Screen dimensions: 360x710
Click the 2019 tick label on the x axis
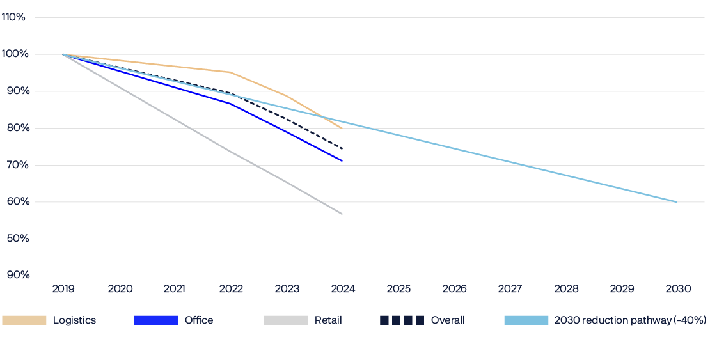(x=63, y=289)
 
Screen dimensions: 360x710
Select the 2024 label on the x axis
(x=343, y=289)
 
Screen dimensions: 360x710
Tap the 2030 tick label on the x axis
(x=678, y=289)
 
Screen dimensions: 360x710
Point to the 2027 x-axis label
(x=510, y=289)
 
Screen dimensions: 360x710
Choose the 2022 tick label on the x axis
(x=231, y=289)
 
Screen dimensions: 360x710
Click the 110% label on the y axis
(x=13, y=17)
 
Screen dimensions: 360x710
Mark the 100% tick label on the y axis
(x=14, y=54)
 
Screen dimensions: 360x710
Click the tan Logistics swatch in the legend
(x=24, y=320)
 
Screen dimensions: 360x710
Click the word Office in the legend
(x=198, y=320)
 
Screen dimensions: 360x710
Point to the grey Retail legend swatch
(x=285, y=320)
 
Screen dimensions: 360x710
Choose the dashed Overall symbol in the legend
(x=402, y=320)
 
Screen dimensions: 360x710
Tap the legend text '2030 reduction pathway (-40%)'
(x=630, y=320)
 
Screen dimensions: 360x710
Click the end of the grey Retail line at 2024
(x=343, y=214)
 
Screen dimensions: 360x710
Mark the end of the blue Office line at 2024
(x=343, y=161)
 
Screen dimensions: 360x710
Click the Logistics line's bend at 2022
(x=230, y=72)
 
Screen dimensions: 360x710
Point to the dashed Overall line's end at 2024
(x=343, y=149)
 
